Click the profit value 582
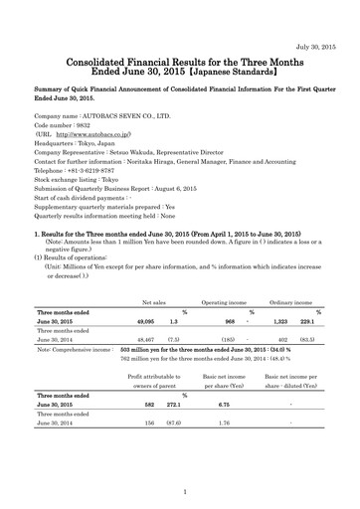[x=149, y=432]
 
